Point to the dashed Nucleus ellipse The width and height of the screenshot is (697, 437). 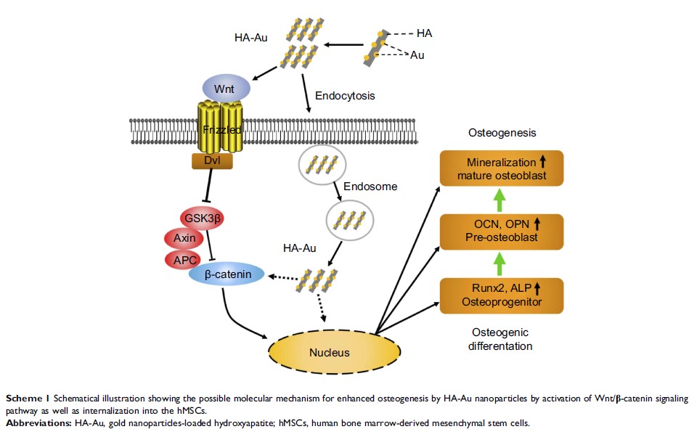point(329,353)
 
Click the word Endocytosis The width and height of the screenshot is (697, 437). point(346,95)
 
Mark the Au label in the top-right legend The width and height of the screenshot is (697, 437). point(419,55)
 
